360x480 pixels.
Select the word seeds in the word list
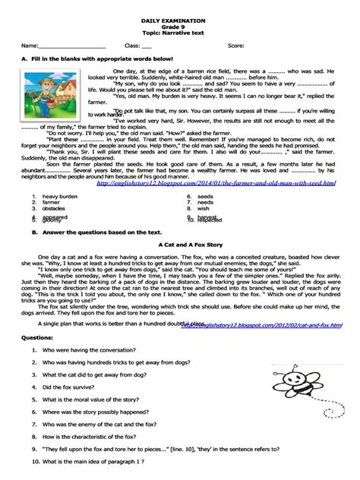pyautogui.click(x=205, y=197)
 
